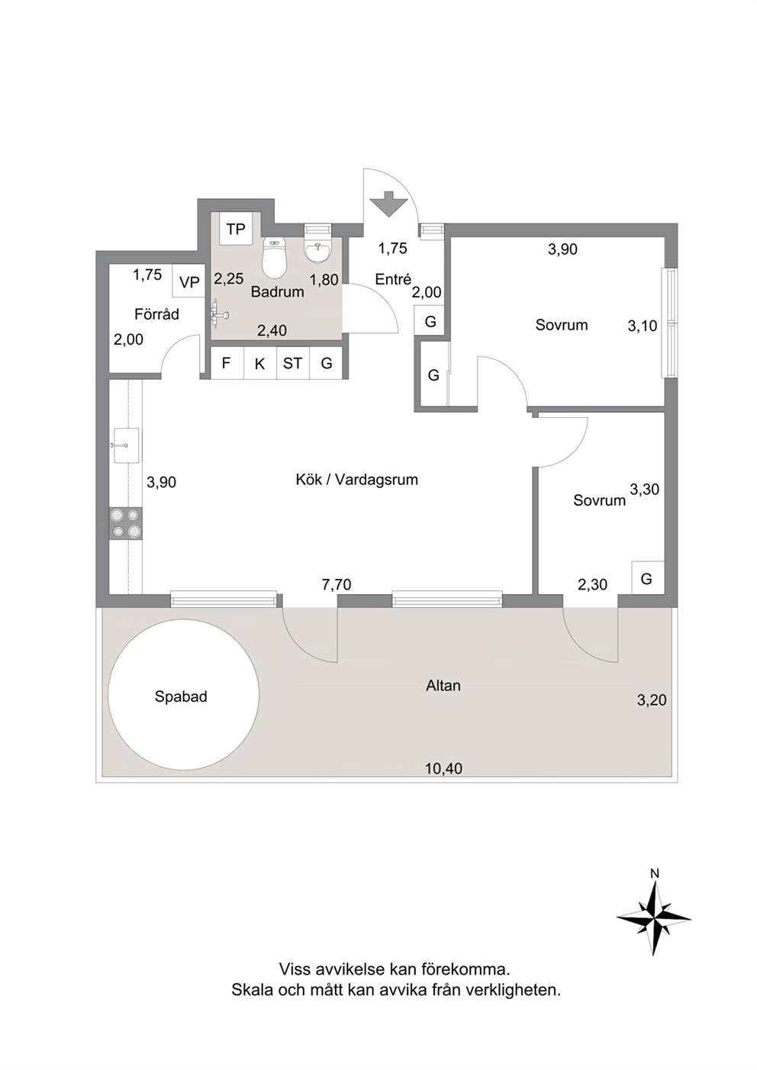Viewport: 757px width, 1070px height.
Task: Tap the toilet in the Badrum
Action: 274,258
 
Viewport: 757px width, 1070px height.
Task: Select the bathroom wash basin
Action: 317,252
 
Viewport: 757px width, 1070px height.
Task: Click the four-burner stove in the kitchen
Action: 126,523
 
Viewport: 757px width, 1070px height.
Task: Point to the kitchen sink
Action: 126,445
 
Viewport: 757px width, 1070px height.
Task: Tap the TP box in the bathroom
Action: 236,230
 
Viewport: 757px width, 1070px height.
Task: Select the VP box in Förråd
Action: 188,282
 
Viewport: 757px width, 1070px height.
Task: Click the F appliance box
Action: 227,363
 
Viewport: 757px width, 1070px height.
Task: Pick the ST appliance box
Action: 293,363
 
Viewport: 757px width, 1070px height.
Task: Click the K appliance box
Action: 260,363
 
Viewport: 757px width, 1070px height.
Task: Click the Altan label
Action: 443,686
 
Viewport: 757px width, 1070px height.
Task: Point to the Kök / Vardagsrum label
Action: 357,480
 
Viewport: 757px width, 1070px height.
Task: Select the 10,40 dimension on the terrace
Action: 444,769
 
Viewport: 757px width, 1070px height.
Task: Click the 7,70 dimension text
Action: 337,584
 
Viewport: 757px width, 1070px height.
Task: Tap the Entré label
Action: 393,279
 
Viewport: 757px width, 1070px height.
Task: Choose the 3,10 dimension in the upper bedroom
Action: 643,326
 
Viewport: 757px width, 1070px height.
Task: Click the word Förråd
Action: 156,314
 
